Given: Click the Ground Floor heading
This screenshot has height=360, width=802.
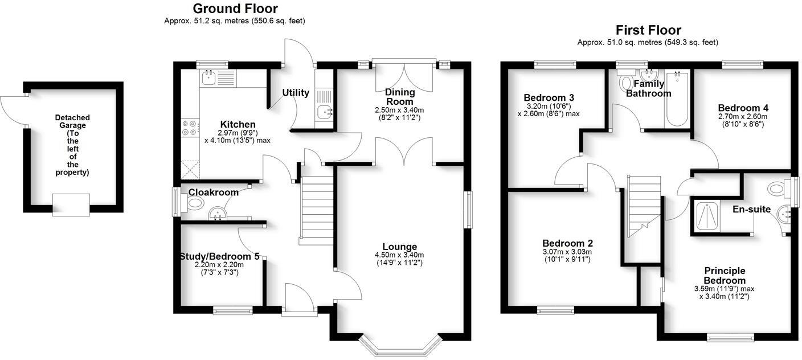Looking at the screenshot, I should (235, 9).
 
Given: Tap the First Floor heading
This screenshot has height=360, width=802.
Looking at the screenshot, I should (648, 30).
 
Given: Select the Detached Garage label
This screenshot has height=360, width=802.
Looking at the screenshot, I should (72, 145).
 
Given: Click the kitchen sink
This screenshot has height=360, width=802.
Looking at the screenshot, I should (208, 78).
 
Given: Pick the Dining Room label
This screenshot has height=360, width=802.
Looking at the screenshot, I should (399, 97).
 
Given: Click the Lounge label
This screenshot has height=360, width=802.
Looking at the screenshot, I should (399, 247).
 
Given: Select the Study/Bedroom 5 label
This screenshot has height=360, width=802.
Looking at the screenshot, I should (219, 257).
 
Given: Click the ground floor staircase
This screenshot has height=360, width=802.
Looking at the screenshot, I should (316, 211).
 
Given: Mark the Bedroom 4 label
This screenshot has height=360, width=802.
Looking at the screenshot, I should (739, 108).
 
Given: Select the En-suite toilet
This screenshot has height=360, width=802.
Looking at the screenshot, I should (777, 187).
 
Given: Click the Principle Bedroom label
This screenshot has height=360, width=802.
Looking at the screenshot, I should (724, 275).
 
